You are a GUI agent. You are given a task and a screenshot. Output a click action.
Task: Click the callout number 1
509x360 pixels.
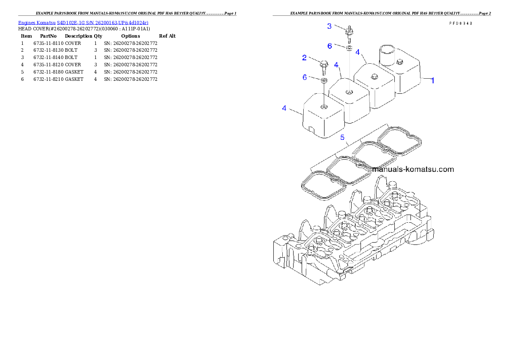click(432, 80)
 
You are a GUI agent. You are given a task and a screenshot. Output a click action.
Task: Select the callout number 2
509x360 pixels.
click(304, 58)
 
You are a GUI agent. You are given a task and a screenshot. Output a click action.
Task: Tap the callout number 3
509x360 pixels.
click(329, 26)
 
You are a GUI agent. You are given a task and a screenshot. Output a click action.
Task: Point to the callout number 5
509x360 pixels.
click(342, 137)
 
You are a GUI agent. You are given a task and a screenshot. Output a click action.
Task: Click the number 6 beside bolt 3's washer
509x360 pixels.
click(329, 46)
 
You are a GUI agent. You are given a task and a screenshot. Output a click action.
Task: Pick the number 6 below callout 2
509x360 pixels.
click(305, 77)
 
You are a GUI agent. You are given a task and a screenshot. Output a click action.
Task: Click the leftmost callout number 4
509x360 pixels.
click(284, 108)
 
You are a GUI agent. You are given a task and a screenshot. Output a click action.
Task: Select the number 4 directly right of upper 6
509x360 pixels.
click(358, 52)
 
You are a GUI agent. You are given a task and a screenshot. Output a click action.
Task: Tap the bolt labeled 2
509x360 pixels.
click(323, 67)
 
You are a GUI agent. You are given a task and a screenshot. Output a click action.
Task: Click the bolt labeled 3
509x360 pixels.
click(349, 32)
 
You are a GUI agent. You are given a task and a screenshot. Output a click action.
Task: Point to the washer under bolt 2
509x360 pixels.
click(324, 80)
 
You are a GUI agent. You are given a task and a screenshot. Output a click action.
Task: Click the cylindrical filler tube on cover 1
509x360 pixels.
click(388, 54)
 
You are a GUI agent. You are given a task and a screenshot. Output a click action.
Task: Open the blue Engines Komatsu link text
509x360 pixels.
click(83, 22)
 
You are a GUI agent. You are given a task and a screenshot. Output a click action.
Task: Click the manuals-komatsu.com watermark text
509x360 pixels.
click(412, 169)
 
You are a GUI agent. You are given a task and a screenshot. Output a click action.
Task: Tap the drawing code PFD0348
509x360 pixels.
click(460, 24)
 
